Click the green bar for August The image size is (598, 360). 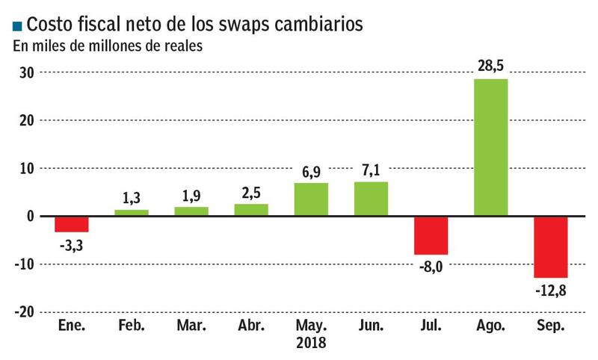(x=491, y=147)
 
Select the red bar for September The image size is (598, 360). (x=551, y=246)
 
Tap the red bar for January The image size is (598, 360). (x=72, y=224)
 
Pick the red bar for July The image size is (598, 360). (x=431, y=235)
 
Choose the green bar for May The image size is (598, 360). (x=311, y=199)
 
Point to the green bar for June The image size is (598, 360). (x=371, y=199)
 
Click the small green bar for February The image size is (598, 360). (x=132, y=213)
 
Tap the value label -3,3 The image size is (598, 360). (x=72, y=243)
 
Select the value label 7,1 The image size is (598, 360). (x=371, y=170)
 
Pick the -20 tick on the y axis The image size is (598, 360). (x=25, y=311)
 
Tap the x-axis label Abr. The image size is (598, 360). (x=251, y=326)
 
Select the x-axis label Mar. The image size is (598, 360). (x=191, y=326)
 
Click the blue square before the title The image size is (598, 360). (x=18, y=26)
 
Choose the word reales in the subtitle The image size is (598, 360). (x=184, y=46)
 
